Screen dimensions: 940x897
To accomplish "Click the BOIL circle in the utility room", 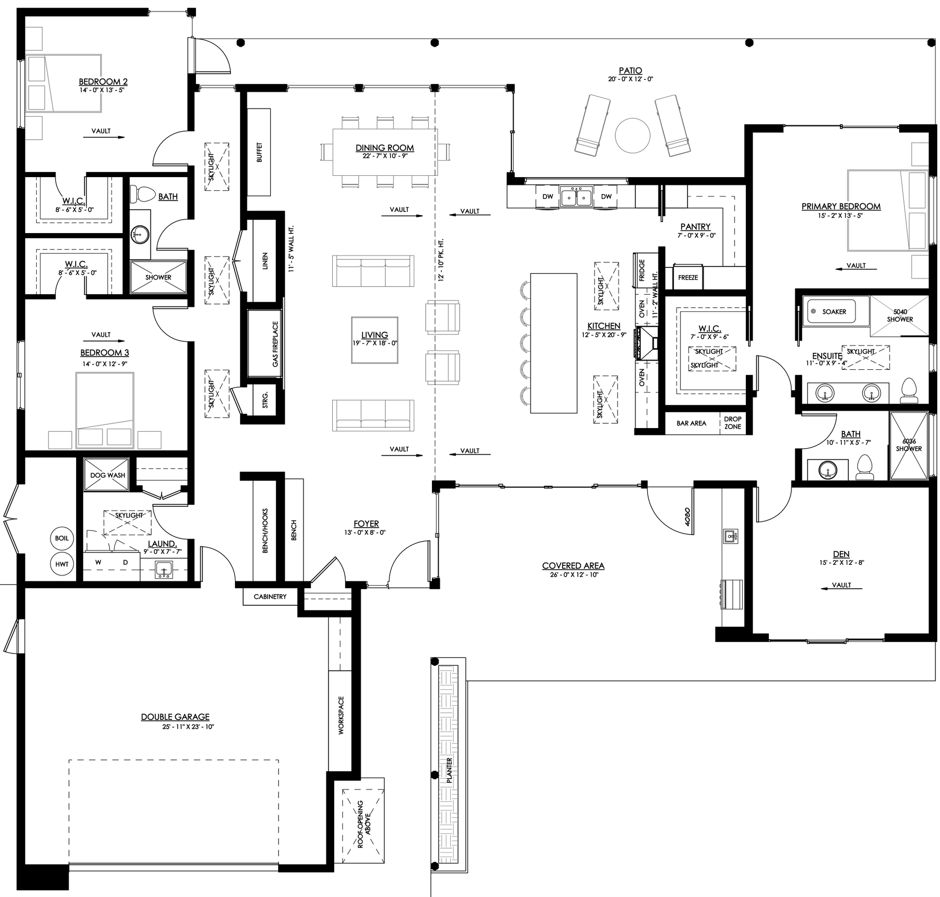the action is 62,538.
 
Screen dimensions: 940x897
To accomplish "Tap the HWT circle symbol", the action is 62,564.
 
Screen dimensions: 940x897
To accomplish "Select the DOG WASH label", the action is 108,475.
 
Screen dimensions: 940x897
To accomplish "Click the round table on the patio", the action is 632,136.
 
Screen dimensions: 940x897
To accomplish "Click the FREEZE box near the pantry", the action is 688,277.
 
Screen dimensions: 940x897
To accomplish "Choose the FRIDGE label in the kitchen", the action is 642,271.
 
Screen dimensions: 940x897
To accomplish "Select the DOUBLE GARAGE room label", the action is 175,717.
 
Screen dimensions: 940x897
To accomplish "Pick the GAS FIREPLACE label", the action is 275,344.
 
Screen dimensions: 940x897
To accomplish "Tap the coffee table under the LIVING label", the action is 375,340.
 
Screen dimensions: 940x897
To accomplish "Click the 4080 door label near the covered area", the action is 687,516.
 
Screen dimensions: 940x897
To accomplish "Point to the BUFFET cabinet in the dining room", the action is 259,152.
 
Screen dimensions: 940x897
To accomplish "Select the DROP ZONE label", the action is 732,423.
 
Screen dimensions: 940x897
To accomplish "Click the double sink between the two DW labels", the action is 576,197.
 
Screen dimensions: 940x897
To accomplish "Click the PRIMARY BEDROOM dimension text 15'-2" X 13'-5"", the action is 840,216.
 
